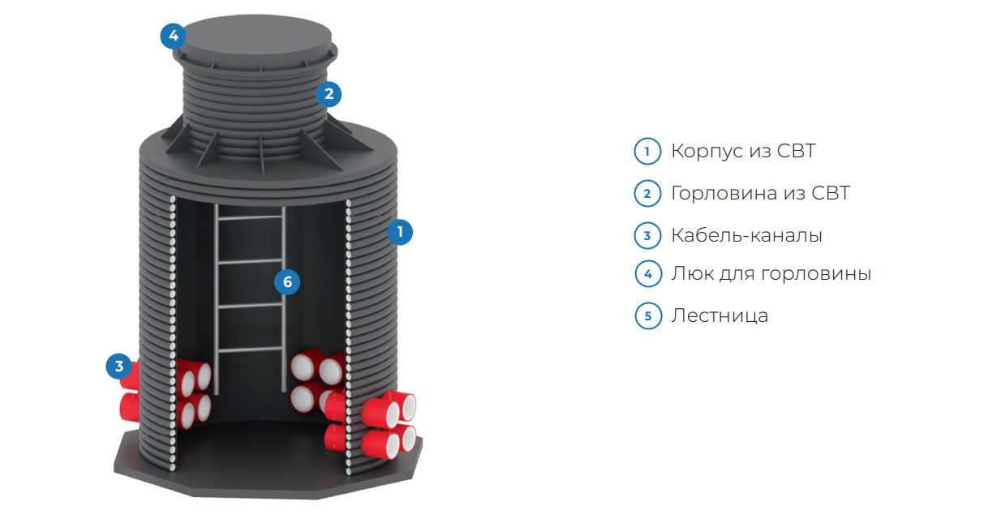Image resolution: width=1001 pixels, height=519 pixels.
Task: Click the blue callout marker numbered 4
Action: (x=174, y=36)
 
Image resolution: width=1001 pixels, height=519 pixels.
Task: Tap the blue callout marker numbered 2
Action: (x=329, y=94)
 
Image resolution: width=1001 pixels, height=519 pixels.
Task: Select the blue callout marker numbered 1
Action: (x=399, y=232)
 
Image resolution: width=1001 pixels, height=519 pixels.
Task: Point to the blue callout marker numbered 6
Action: (x=287, y=282)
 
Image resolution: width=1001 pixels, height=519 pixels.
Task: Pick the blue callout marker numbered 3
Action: (x=119, y=367)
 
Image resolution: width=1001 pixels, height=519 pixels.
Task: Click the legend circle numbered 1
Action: (x=647, y=152)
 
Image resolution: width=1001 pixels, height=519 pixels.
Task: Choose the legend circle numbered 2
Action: (x=647, y=193)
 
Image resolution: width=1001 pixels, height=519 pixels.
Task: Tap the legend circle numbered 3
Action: (x=647, y=235)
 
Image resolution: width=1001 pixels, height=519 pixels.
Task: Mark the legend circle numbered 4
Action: (x=648, y=274)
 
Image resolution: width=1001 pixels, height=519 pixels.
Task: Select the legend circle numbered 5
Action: (x=648, y=315)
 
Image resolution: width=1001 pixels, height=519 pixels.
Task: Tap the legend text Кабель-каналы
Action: (x=747, y=235)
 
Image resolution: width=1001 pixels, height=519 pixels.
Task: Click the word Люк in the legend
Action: (x=692, y=273)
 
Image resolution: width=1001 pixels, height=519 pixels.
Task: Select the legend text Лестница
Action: (x=720, y=315)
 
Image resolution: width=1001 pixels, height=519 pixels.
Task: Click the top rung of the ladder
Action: (x=250, y=217)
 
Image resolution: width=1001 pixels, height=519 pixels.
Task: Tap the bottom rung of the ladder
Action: (x=250, y=350)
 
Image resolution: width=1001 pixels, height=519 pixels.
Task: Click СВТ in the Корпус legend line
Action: (x=797, y=151)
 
